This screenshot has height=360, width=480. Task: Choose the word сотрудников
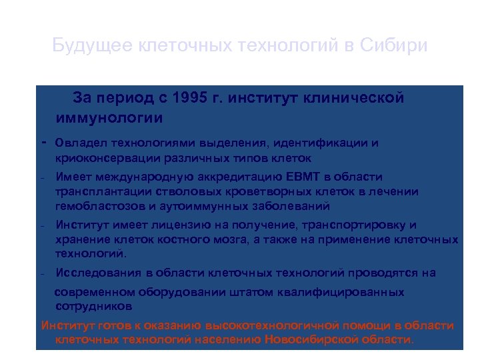coord(93,307)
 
